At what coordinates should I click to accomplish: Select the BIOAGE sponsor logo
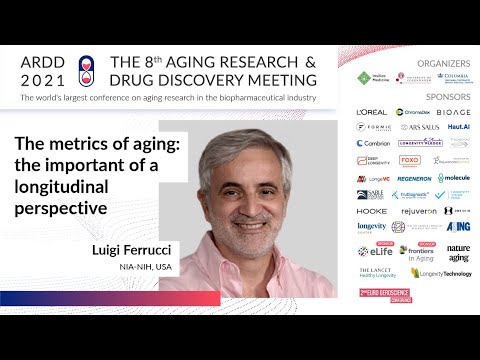point(453,112)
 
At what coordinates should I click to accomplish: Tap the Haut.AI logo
point(458,127)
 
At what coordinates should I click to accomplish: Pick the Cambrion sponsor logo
point(372,143)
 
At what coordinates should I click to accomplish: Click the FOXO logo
point(410,160)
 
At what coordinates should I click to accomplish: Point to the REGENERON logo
point(413,178)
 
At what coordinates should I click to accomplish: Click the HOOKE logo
point(372,211)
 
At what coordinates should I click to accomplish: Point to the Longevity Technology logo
point(445,272)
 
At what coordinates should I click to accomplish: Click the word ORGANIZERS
point(445,62)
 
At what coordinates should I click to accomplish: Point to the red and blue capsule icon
point(85,63)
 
